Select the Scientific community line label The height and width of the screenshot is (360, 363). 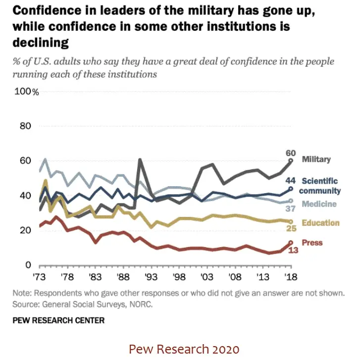point(321,186)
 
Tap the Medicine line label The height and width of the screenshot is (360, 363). point(319,204)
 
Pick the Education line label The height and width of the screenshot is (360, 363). point(320,223)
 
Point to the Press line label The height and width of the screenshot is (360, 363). point(312,243)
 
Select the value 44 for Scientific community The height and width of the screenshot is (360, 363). point(291,180)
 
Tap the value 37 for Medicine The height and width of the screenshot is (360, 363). point(291,208)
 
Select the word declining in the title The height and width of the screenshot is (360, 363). point(41,43)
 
